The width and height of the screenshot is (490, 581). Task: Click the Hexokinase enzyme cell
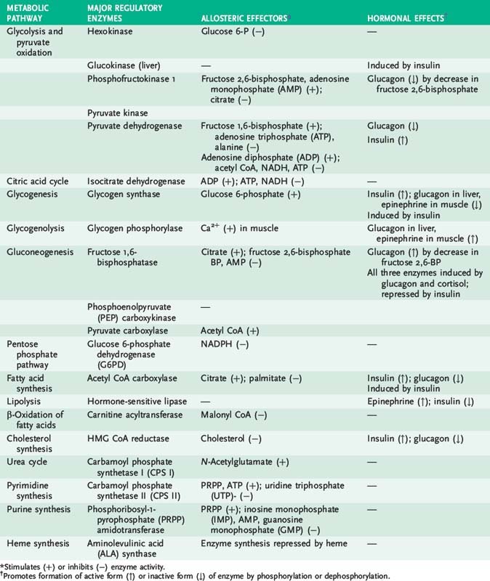tap(109, 33)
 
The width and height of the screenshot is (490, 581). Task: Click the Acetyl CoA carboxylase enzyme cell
tap(134, 378)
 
